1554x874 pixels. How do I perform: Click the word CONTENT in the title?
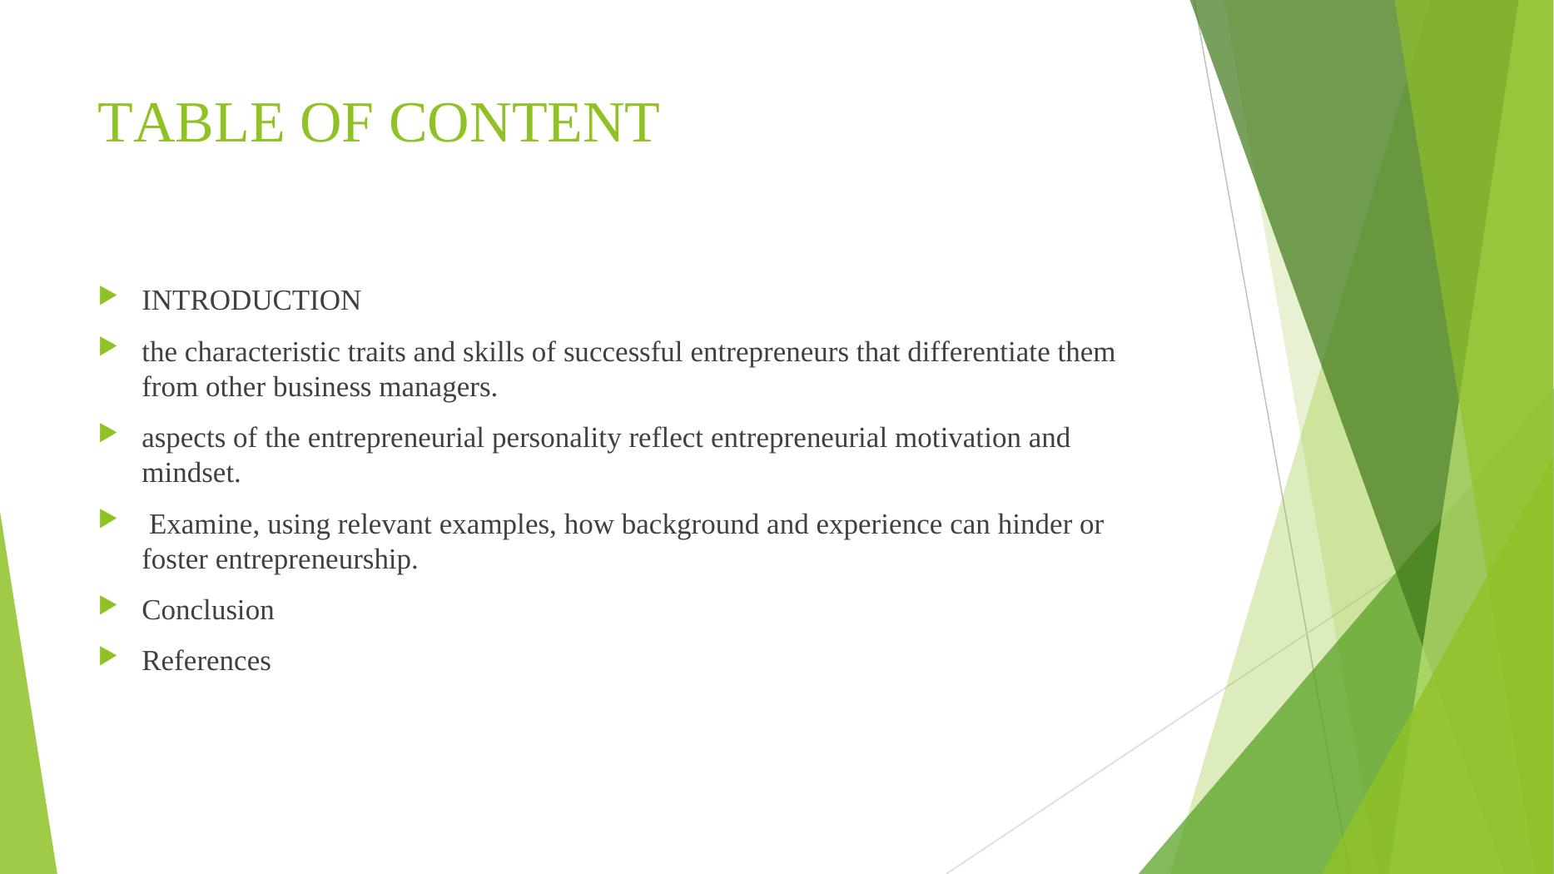tap(524, 123)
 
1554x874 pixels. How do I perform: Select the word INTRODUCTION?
tap(251, 300)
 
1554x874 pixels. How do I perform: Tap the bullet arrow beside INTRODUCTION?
tap(109, 295)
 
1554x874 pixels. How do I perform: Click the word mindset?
tap(191, 474)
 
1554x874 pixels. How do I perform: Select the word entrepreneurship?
tap(316, 560)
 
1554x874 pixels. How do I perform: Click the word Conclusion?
tap(208, 610)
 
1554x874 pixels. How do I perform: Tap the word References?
tap(206, 661)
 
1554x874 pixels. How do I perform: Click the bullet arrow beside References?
tap(109, 656)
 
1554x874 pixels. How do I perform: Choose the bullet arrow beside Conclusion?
tap(109, 605)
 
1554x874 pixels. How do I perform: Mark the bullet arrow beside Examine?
tap(109, 519)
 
